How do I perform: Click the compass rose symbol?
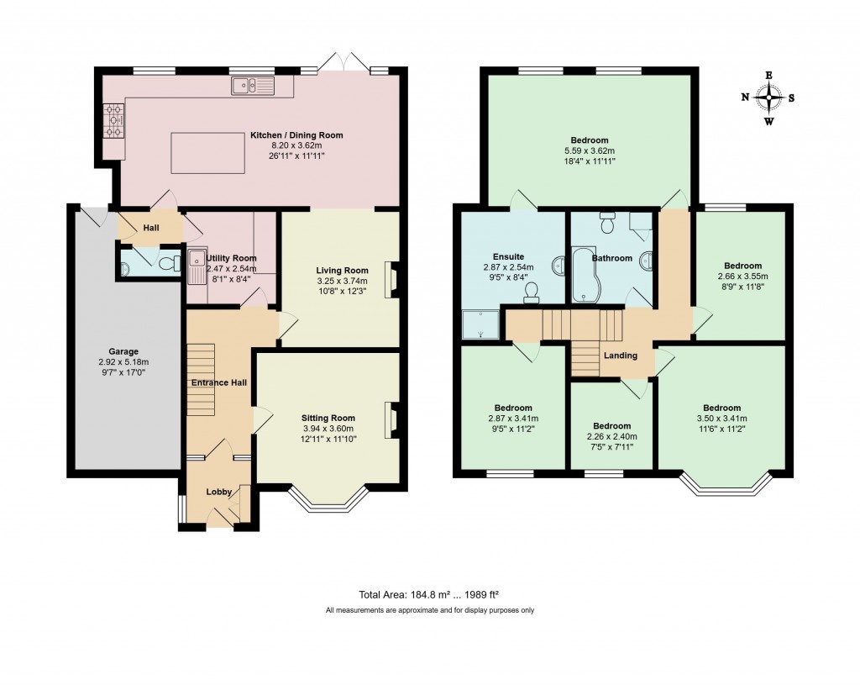click(x=768, y=97)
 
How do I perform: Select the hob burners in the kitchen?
click(x=113, y=120)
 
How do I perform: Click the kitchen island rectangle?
click(x=208, y=152)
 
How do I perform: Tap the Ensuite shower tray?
click(x=480, y=324)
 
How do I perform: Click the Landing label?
click(x=620, y=356)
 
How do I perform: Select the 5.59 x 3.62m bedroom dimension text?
click(x=589, y=150)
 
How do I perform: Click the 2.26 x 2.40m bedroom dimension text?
click(x=611, y=436)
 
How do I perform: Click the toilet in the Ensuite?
click(x=531, y=292)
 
